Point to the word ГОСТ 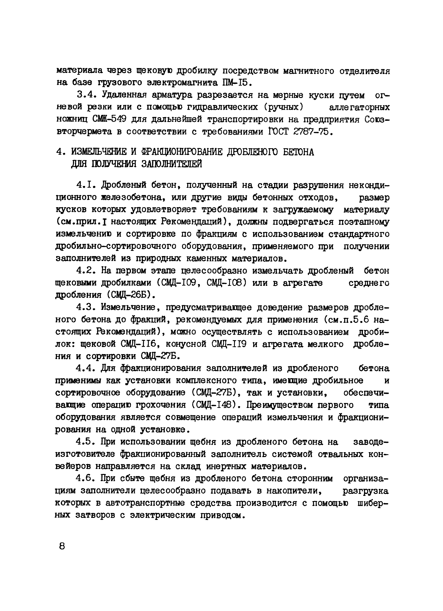tap(279, 131)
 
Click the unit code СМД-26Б tap(129, 295)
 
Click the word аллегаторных tap(359, 107)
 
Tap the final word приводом tap(222, 515)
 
